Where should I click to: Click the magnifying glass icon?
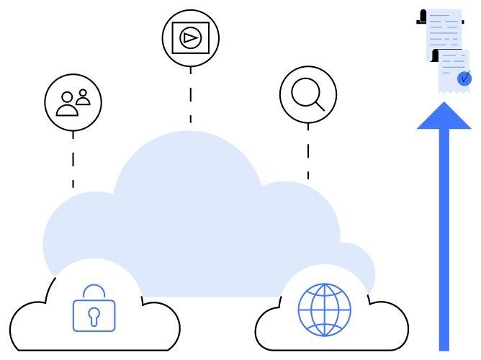[307, 94]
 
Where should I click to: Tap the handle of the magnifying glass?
[319, 105]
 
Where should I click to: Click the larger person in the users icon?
[67, 105]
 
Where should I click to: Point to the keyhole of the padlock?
[94, 315]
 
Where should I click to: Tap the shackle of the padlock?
[94, 291]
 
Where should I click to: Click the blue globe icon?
[324, 310]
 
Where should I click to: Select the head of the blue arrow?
[444, 117]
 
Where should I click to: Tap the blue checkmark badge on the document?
[464, 77]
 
